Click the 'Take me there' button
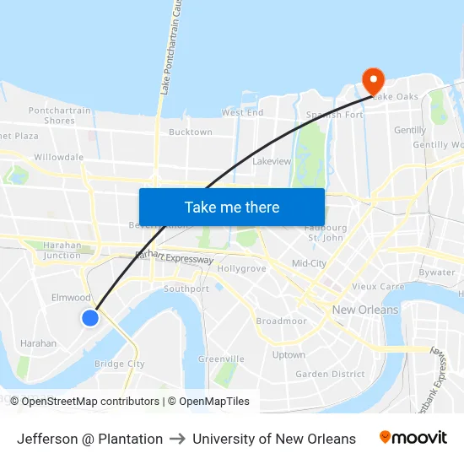pyautogui.click(x=232, y=207)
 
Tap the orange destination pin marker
pyautogui.click(x=373, y=82)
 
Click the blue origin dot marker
pyautogui.click(x=90, y=318)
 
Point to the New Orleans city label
pyautogui.click(x=364, y=310)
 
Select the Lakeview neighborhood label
pyautogui.click(x=272, y=160)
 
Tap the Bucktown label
pyautogui.click(x=191, y=132)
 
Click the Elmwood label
pyautogui.click(x=71, y=298)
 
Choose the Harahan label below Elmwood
pyautogui.click(x=38, y=343)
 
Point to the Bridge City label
pyautogui.click(x=120, y=364)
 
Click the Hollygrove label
pyautogui.click(x=242, y=269)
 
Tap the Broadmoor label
pyautogui.click(x=281, y=321)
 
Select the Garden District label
pyautogui.click(x=330, y=374)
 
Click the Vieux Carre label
pyautogui.click(x=378, y=287)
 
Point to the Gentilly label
pyautogui.click(x=410, y=131)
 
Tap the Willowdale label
pyautogui.click(x=59, y=157)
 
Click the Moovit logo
pyautogui.click(x=413, y=438)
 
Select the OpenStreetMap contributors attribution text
pyautogui.click(x=84, y=402)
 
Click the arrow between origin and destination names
pyautogui.click(x=177, y=439)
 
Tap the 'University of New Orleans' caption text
pyautogui.click(x=274, y=439)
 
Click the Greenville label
pyautogui.click(x=221, y=359)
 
